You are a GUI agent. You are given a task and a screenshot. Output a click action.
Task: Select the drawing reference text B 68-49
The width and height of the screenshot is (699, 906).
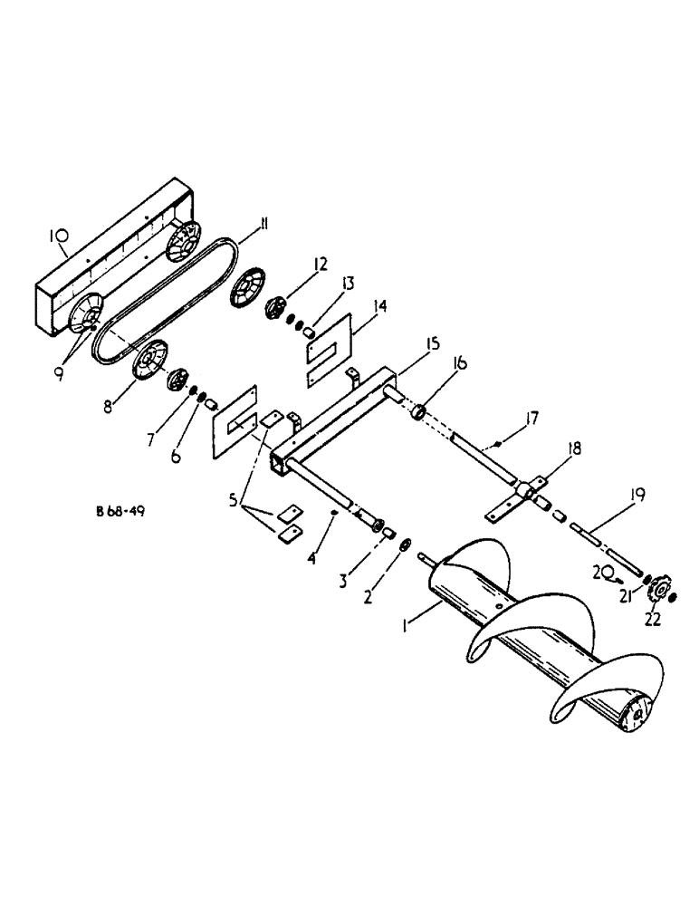coord(120,511)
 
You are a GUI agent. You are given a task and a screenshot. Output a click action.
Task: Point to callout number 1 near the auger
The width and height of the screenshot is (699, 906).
coord(408,624)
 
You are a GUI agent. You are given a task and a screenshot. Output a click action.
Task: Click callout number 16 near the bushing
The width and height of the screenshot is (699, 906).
coord(461,363)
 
